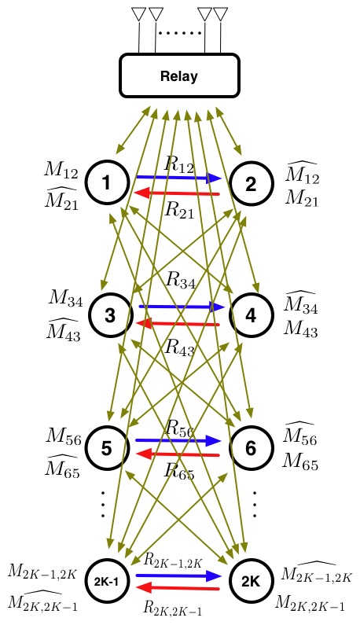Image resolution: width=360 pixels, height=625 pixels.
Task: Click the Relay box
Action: [x=178, y=77]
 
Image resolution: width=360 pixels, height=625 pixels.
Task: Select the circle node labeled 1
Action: [x=105, y=184]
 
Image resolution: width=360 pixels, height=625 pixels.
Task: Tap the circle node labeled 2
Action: [x=251, y=184]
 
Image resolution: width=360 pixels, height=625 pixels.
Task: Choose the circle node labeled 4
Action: [x=251, y=314]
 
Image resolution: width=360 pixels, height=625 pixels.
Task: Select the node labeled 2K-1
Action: [x=106, y=582]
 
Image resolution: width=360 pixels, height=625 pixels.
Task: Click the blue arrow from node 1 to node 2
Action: [x=178, y=178]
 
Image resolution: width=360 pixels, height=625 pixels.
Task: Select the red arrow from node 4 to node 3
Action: [x=178, y=323]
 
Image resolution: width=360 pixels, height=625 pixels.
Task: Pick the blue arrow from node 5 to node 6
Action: [x=178, y=440]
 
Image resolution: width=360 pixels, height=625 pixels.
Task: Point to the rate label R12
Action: [x=180, y=164]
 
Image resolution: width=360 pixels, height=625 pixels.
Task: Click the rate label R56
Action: [x=180, y=427]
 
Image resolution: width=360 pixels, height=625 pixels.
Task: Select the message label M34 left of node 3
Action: [x=65, y=297]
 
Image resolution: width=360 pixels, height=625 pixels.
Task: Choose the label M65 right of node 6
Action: [x=299, y=463]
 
